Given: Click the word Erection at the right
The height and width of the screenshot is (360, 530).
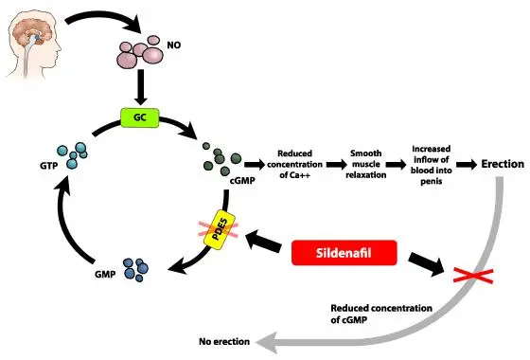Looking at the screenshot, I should pos(502,164).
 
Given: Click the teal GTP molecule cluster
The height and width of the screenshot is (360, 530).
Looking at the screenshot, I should pos(68,154).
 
